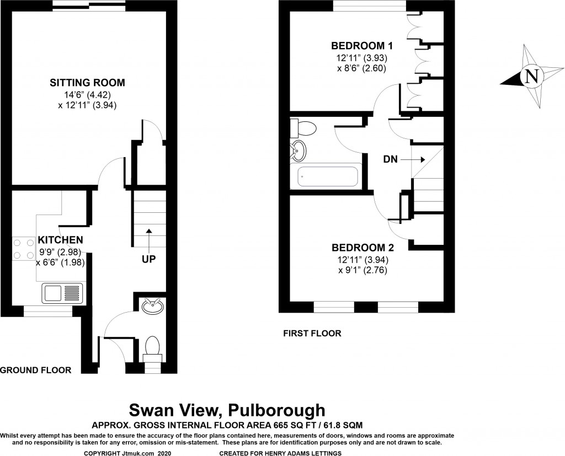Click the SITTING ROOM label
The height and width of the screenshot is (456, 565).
[x=87, y=83]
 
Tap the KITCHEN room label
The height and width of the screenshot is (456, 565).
[x=60, y=240]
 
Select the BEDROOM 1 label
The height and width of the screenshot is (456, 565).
[x=361, y=45]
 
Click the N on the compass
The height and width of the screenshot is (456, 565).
[x=531, y=76]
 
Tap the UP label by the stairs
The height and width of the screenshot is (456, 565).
[x=149, y=257]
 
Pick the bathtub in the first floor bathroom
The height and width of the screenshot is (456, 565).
[x=328, y=177]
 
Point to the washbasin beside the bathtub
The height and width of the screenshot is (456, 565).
[x=299, y=149]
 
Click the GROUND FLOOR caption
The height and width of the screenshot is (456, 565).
[x=36, y=370]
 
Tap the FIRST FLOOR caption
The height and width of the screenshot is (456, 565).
[x=312, y=333]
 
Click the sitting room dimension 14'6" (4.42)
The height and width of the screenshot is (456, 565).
[x=87, y=94]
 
